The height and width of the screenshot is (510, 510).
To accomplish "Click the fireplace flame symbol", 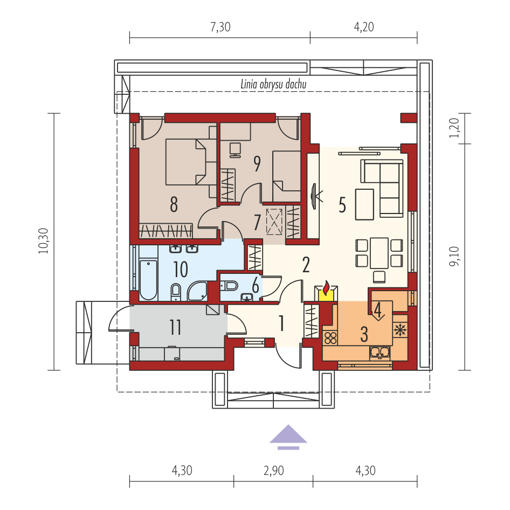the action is tap(326, 287).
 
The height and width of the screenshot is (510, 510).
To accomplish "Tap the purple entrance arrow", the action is tap(288, 437).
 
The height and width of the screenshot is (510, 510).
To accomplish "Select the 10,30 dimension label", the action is tap(44, 240).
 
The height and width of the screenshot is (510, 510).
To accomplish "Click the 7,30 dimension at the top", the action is tap(220, 27).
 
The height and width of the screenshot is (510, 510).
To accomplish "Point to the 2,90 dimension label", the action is tap(273, 471).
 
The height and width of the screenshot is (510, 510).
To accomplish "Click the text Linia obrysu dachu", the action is tap(273, 84).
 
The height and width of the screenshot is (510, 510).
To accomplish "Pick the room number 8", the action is tap(174, 204).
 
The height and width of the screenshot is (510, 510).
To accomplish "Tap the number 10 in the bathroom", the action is tap(181, 270).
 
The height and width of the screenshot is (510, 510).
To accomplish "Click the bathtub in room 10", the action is tap(148, 280).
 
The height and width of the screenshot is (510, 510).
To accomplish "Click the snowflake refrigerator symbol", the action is tap(400, 330).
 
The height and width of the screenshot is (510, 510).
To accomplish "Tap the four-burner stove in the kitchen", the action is tap(330, 338).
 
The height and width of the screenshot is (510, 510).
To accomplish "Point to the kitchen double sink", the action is tap(380, 353).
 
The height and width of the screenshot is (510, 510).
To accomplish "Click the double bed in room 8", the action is tap(186, 162).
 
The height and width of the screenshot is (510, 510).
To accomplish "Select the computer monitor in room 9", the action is tap(235, 150).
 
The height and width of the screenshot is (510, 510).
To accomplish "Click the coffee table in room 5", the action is tap(364, 204).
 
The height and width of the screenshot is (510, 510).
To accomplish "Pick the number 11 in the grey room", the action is tap(176, 327).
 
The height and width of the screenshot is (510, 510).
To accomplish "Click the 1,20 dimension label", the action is tap(454, 127).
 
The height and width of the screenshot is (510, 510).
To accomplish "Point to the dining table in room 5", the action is tap(379, 253).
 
